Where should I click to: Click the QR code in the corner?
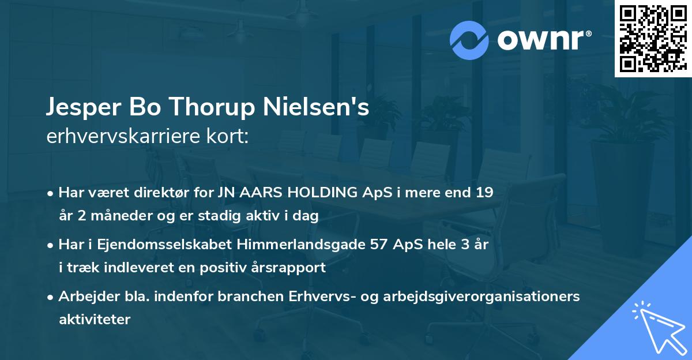point(653,38)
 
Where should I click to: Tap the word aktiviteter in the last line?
point(95,319)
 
